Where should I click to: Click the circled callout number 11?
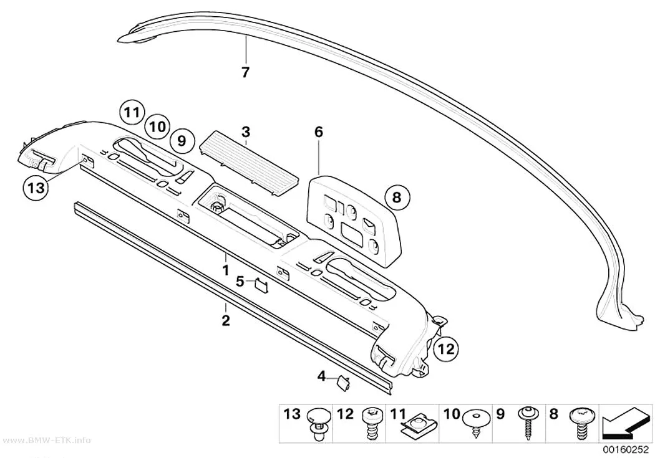[132, 112]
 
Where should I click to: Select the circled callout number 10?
[157, 126]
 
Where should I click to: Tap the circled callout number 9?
[182, 141]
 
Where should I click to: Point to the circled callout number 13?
[36, 188]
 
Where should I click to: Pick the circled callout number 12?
[446, 348]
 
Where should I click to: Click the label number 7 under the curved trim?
[245, 72]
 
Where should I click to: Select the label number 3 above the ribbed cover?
[246, 132]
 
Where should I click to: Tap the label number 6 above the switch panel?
[318, 132]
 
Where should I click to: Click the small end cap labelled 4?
[343, 383]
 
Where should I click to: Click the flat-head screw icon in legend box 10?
[477, 421]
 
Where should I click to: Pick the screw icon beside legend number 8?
[581, 422]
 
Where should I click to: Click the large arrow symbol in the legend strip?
[624, 425]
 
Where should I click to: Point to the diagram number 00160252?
[625, 451]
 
